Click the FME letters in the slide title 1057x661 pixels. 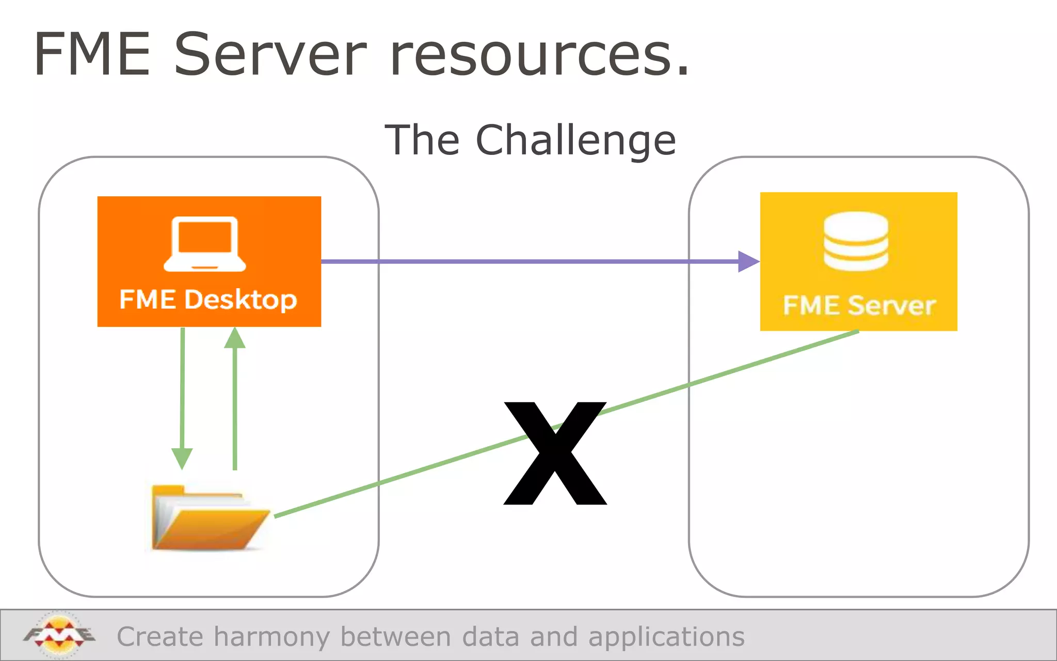pyautogui.click(x=93, y=55)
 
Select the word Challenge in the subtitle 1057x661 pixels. pyautogui.click(x=575, y=140)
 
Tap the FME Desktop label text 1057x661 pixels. pyautogui.click(x=208, y=300)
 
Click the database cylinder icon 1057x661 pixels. pyautogui.click(x=856, y=241)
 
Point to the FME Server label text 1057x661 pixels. pyautogui.click(x=859, y=305)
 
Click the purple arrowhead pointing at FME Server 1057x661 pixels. pyautogui.click(x=748, y=261)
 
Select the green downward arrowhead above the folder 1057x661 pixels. pyautogui.click(x=182, y=458)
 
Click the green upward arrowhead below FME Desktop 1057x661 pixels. pyautogui.click(x=235, y=338)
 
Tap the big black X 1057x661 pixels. pyautogui.click(x=555, y=453)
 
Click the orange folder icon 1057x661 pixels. pyautogui.click(x=209, y=518)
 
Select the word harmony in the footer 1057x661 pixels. pyautogui.click(x=271, y=637)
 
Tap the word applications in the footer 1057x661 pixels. pyautogui.click(x=666, y=637)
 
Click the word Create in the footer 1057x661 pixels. pyautogui.click(x=160, y=637)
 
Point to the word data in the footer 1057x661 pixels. pyautogui.click(x=490, y=637)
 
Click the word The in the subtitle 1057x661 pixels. pyautogui.click(x=422, y=140)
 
